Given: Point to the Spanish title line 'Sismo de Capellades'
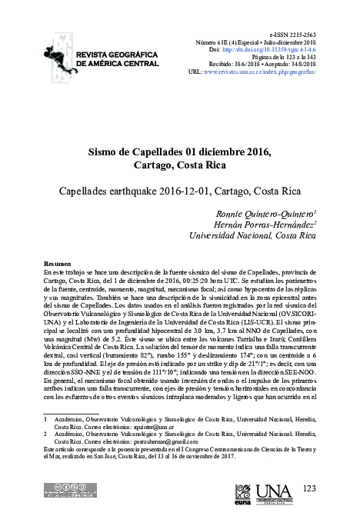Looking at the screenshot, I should (x=180, y=151).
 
